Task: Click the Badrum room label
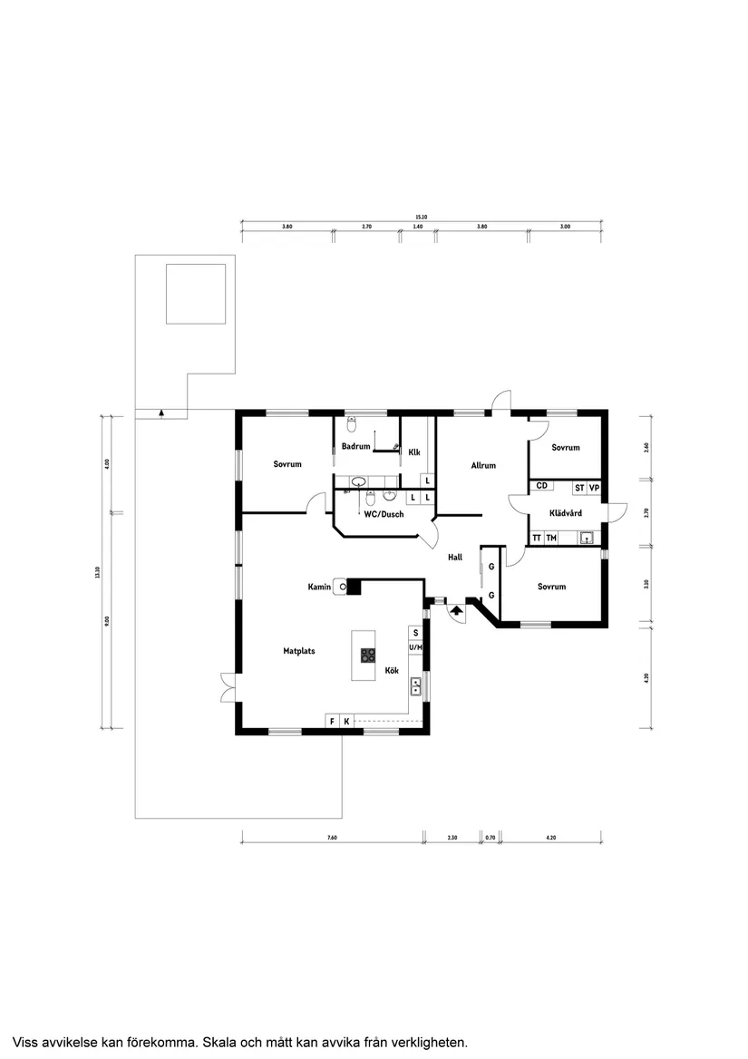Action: [355, 446]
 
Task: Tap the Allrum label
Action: [483, 465]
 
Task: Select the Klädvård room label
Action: [566, 513]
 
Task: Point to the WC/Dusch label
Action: [384, 514]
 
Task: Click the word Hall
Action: [455, 557]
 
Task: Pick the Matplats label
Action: [298, 650]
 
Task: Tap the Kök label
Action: [393, 670]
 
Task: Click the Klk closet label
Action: [414, 452]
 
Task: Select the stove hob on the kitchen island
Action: [368, 656]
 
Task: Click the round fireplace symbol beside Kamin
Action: [343, 587]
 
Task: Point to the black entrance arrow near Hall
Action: [456, 611]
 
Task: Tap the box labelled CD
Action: [541, 487]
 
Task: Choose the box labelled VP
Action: [594, 488]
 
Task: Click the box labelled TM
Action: [551, 538]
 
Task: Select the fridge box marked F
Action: [332, 721]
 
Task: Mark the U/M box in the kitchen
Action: [415, 647]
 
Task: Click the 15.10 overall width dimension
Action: [421, 217]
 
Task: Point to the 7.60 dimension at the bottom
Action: [332, 838]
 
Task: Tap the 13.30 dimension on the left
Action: [97, 571]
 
